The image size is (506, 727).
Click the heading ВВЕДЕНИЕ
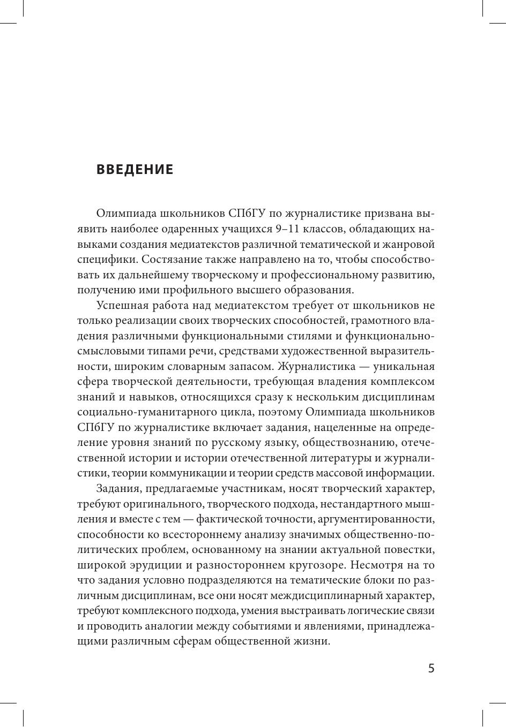[135, 170]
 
